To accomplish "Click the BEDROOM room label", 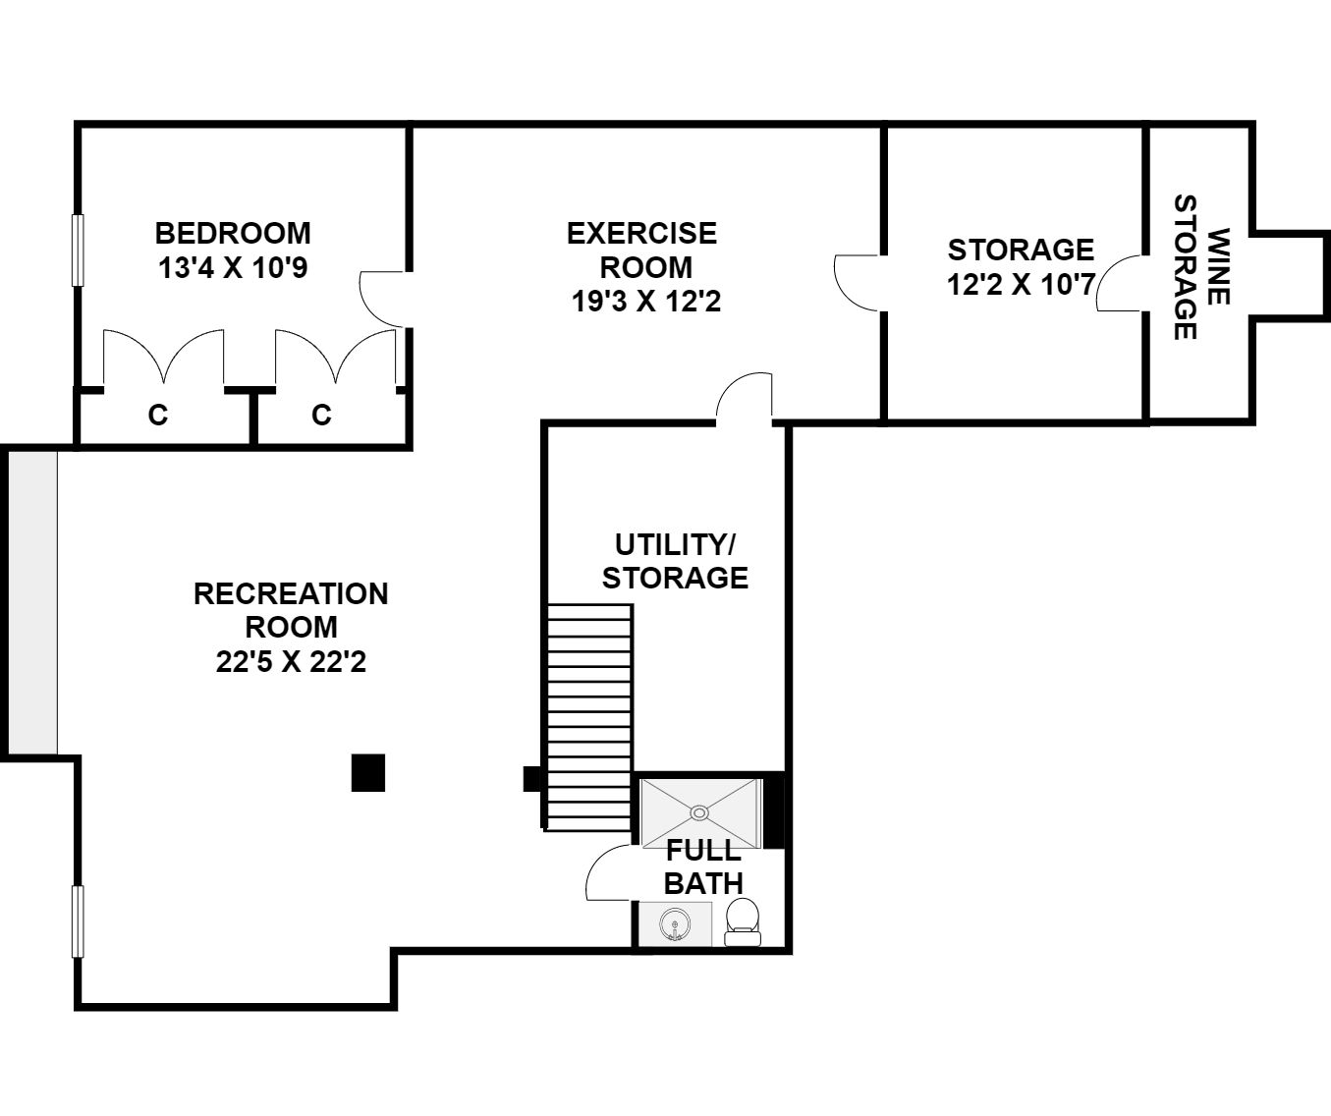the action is coord(233,234).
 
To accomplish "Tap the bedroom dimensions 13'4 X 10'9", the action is coord(233,268).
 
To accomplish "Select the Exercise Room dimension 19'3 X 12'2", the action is coord(645,301).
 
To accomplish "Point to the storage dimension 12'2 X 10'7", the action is coord(1021,285).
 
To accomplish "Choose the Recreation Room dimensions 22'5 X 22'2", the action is coord(291,661).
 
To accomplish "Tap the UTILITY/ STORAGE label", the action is coord(675,561).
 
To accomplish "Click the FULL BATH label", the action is coord(703,866).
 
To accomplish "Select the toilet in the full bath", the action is coord(743,921).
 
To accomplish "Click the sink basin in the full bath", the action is coord(675,923).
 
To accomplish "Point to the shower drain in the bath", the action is coord(699,813).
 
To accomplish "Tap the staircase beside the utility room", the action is coord(589,717).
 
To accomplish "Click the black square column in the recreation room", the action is coord(368,773).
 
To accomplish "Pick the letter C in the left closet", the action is coord(158,416).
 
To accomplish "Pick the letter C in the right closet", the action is coord(321,416).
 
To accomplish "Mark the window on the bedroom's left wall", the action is coord(78,250).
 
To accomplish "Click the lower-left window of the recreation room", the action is coord(78,921).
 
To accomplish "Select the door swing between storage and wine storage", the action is coord(1120,283).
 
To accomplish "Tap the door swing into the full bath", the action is coord(609,871).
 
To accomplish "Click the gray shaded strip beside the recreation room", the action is coord(32,602).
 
